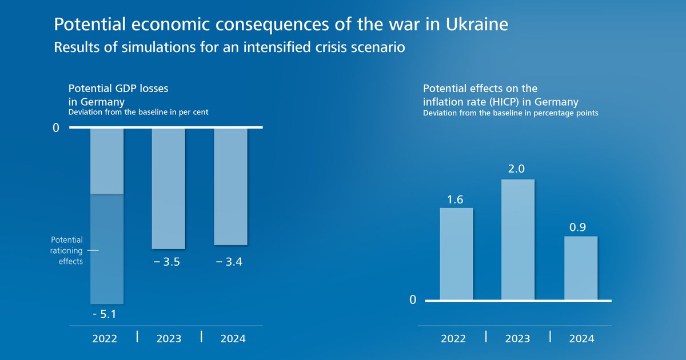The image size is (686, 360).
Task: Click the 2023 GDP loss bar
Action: (x=168, y=189)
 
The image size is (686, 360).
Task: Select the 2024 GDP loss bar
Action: (x=230, y=187)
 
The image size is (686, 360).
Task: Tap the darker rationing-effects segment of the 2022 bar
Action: (x=107, y=249)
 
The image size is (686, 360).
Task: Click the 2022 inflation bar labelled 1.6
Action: (x=456, y=254)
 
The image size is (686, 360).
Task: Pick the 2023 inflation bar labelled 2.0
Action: (x=518, y=239)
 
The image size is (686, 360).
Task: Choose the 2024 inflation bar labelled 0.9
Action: (x=581, y=268)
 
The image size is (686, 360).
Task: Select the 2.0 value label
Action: (x=517, y=169)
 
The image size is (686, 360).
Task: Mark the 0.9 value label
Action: (x=580, y=227)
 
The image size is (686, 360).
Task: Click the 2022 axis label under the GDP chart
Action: (x=105, y=338)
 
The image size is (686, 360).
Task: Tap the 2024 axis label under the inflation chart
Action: (x=581, y=339)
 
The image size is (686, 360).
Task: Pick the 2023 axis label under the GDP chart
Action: (x=169, y=338)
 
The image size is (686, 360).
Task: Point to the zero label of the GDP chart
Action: (x=55, y=129)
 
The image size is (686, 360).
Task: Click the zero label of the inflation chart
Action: (x=412, y=301)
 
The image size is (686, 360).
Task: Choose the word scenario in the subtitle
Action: (x=377, y=47)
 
